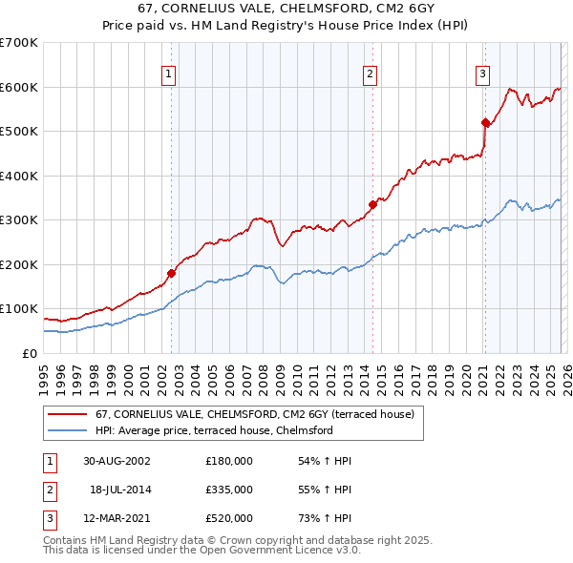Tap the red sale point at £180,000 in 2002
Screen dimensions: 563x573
pos(172,273)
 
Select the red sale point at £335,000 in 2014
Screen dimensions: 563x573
pos(372,203)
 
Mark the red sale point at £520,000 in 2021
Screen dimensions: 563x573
pos(485,122)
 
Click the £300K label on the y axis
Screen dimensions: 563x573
pos(19,219)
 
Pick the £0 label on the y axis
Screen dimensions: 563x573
pos(29,353)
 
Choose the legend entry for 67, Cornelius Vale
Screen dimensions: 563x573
pos(254,414)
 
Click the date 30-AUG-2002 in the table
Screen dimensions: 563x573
pos(117,461)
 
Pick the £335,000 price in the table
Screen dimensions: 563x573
pos(229,490)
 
